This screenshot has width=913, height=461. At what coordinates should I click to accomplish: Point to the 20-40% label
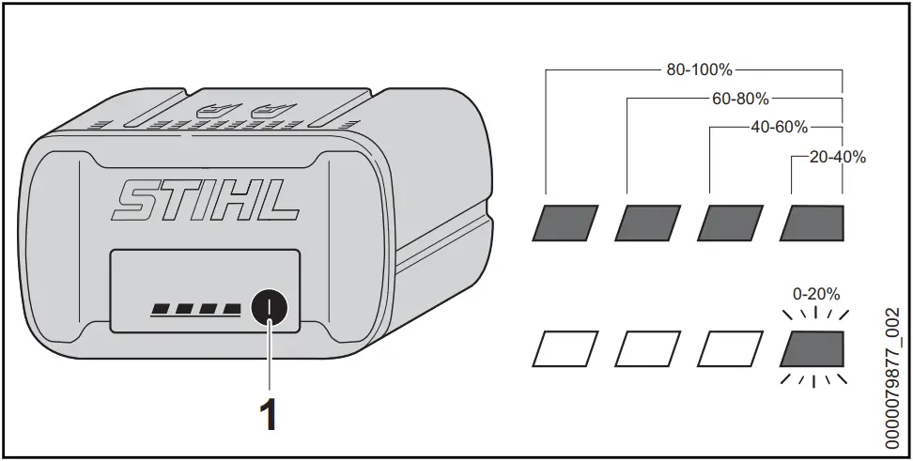click(831, 157)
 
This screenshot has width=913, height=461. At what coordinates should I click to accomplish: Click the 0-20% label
click(814, 293)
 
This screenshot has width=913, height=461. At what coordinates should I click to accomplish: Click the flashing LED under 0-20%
click(813, 348)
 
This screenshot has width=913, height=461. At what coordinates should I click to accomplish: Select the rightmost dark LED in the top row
click(813, 222)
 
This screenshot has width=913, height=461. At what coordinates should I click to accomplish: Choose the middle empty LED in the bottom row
click(648, 348)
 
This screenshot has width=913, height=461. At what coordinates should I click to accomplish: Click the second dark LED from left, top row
click(648, 222)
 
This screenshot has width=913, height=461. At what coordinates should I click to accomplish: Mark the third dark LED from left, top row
click(731, 222)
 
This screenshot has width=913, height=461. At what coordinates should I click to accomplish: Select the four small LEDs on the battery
click(194, 308)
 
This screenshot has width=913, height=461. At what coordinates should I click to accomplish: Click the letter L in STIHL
click(279, 200)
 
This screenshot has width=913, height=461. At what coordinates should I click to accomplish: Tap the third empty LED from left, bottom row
click(731, 348)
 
